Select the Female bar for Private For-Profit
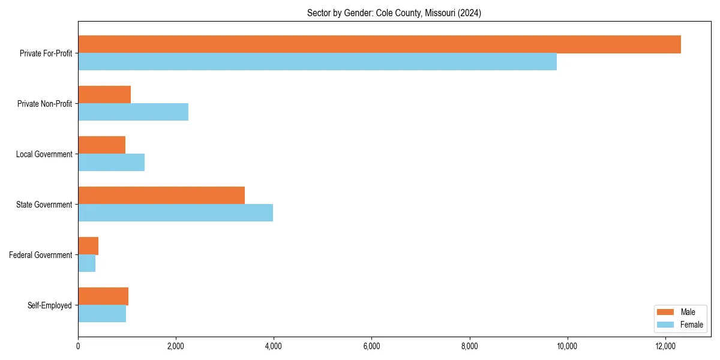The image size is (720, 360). (x=317, y=62)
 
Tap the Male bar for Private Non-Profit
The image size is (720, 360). (x=104, y=95)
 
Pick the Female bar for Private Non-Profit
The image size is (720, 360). (x=133, y=112)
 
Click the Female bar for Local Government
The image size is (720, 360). (x=111, y=163)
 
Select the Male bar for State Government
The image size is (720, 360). (x=161, y=196)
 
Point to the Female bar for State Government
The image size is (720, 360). (x=175, y=213)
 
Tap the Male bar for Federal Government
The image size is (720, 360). (x=88, y=246)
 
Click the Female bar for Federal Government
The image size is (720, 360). (x=86, y=263)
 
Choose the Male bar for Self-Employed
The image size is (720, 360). (x=103, y=296)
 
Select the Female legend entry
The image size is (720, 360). (x=680, y=325)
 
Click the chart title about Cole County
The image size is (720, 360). (x=394, y=13)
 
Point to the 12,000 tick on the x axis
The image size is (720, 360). (x=665, y=346)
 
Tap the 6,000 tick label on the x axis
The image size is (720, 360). (x=371, y=346)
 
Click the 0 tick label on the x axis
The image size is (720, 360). (x=78, y=346)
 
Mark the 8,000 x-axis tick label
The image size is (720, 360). (x=469, y=346)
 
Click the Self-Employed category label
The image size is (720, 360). (x=50, y=305)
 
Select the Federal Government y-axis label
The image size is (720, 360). (x=41, y=255)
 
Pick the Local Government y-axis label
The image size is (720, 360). (x=44, y=154)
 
